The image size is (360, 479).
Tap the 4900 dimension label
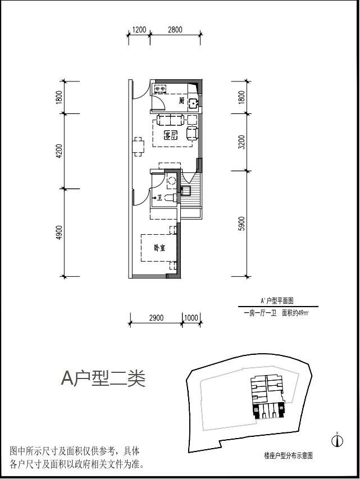coord(60,233)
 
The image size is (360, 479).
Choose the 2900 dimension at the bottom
coord(156,318)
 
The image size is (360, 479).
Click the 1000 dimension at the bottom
coord(191,318)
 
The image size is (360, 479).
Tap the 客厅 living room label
coord(170,135)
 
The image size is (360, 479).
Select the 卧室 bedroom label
coord(159,248)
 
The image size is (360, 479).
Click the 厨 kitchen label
coord(182,101)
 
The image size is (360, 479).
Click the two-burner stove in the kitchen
coord(161,88)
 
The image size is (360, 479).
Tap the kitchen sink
coord(193,103)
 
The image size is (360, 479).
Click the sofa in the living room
coord(170,119)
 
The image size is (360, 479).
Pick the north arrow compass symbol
coord(338,440)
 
